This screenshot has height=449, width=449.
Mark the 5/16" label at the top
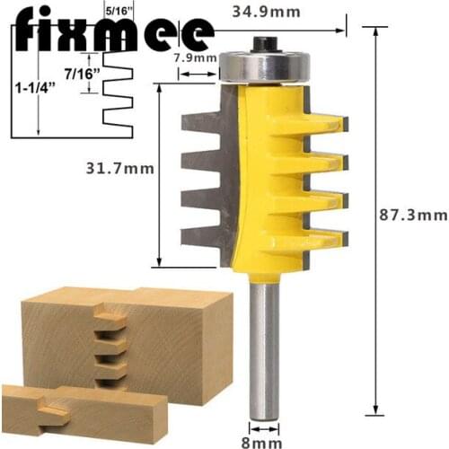pyautogui.click(x=118, y=11)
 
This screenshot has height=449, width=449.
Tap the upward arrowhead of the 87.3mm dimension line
pyautogui.click(x=371, y=29)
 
